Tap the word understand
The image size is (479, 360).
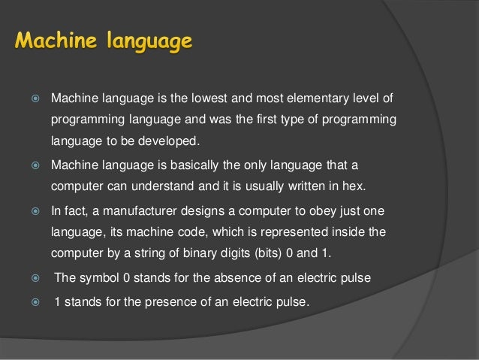pyautogui.click(x=170, y=185)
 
